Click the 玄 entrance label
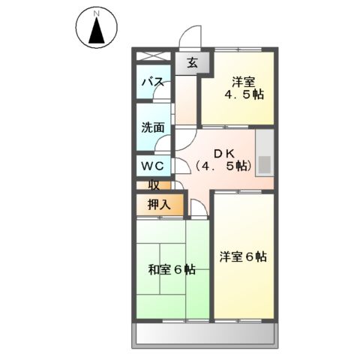(191, 63)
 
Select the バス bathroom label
(154, 82)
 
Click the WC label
(154, 165)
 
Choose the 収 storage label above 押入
(153, 184)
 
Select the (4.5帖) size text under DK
(223, 166)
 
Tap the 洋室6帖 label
(243, 256)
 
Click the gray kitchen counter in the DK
(265, 153)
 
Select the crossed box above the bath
(154, 56)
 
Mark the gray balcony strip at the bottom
(206, 334)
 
